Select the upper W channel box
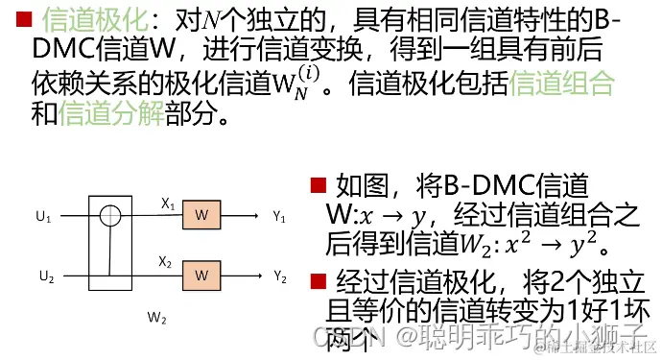(201, 216)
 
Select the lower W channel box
(201, 276)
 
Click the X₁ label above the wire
(167, 204)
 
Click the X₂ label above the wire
(165, 262)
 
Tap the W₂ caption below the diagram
(157, 316)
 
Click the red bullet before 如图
(319, 184)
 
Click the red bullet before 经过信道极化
(318, 281)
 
